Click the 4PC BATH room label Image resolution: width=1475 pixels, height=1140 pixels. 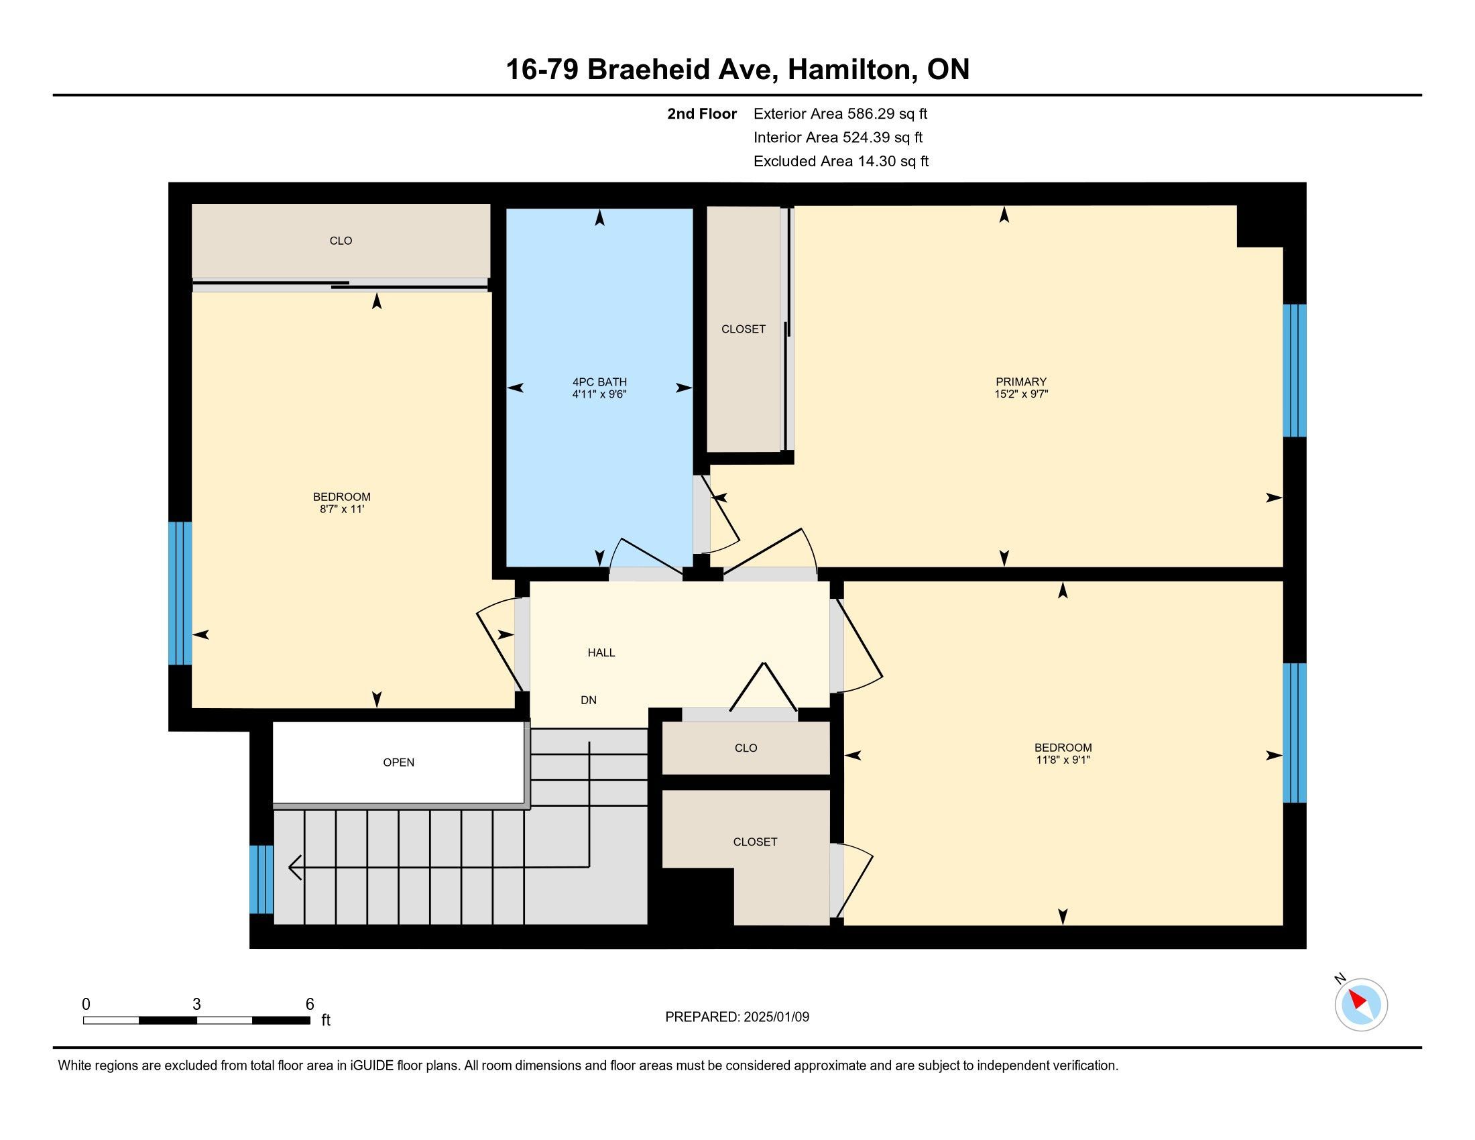pos(600,382)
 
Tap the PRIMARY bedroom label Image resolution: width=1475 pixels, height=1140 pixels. pos(1020,382)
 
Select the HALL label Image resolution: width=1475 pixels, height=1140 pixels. pos(601,652)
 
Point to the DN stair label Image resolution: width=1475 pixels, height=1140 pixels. pos(588,700)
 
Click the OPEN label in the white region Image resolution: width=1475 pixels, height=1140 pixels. pos(398,762)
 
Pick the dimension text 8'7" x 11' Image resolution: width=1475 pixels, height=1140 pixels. pos(342,509)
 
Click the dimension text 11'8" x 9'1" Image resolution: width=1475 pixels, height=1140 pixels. pos(1063,760)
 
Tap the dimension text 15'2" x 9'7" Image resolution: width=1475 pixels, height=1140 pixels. pos(1020,394)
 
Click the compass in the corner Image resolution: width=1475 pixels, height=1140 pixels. pos(1361,1005)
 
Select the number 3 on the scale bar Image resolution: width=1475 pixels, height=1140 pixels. pos(196,1005)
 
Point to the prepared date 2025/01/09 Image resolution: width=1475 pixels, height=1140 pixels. pos(776,1017)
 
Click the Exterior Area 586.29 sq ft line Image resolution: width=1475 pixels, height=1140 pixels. pos(840,113)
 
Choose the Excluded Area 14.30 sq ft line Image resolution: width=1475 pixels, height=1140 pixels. pos(841,161)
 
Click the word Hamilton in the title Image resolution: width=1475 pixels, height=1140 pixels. pos(850,69)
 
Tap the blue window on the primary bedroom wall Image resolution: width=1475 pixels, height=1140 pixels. pos(1295,371)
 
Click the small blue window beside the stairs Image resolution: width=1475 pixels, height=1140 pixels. pos(261,879)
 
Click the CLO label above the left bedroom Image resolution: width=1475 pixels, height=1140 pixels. pos(341,241)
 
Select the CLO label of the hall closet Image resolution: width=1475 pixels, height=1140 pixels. pos(746,748)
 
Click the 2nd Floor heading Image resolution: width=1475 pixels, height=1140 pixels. pos(702,113)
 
